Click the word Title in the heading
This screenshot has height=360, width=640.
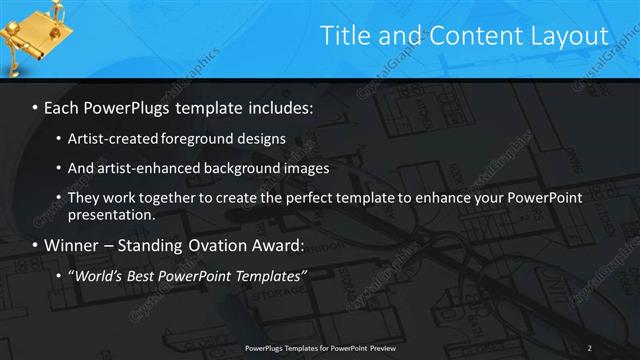coord(342,36)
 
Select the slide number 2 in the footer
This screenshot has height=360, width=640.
coord(589,347)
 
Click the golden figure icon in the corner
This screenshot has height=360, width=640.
coord(30,38)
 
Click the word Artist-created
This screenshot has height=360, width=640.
coord(110,138)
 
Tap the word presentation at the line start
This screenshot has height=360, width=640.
coord(111,214)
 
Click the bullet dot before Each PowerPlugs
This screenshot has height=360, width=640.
coord(36,107)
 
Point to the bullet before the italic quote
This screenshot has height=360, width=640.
coord(60,275)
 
